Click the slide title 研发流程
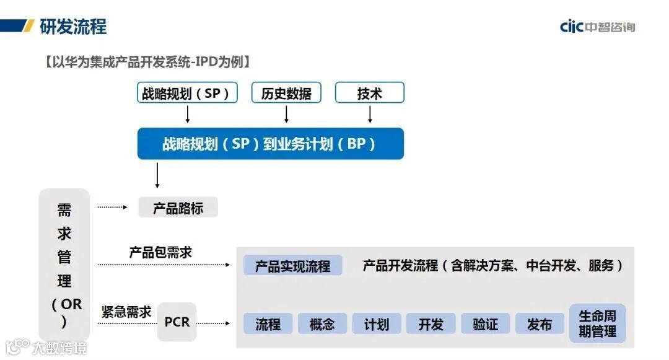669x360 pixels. tap(73, 26)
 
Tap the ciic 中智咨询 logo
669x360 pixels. tap(597, 27)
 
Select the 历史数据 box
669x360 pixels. tap(286, 93)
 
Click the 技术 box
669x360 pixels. tap(370, 93)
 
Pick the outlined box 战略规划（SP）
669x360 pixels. tap(187, 93)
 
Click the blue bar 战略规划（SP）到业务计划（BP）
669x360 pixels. tap(270, 144)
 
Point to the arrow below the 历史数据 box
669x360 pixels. tap(286, 114)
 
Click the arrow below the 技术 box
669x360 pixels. tap(370, 114)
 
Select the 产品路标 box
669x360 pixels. tap(178, 208)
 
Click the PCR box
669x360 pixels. tap(177, 322)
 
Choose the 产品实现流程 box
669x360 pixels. tap(292, 266)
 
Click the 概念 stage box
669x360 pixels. tap(322, 324)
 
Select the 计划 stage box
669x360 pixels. tap(377, 324)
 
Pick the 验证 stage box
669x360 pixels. tap(485, 324)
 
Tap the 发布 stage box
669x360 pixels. tap(540, 324)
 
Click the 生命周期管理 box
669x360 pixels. tap(597, 323)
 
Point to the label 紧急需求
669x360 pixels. tap(126, 312)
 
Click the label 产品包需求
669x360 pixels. tap(160, 252)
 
